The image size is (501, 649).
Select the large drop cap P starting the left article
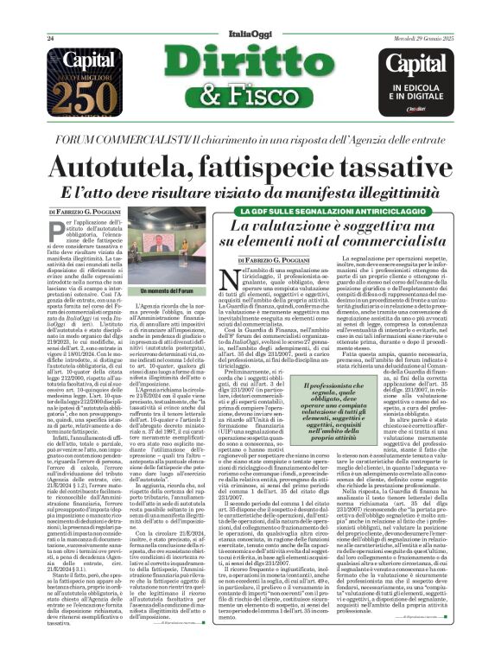[x=55, y=239]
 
